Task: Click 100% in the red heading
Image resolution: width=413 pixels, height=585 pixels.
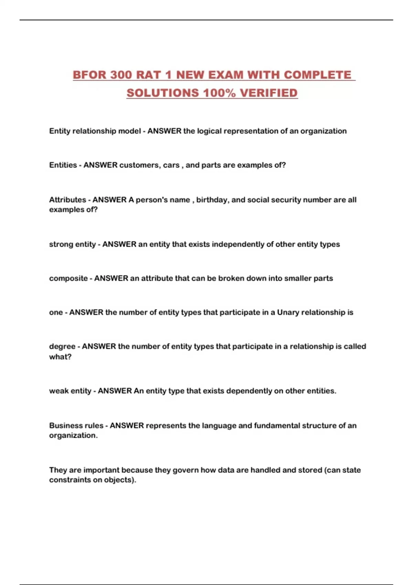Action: [x=219, y=93]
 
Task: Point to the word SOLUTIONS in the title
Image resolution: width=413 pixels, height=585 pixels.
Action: [x=162, y=93]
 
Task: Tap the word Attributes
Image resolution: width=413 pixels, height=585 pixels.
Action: [x=67, y=200]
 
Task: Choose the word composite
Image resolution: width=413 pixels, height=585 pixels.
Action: [x=68, y=278]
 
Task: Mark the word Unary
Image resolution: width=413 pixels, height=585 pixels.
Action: [x=288, y=312]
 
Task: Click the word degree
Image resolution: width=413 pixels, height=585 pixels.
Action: [x=62, y=347]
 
